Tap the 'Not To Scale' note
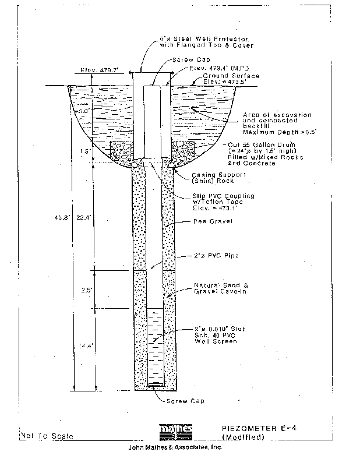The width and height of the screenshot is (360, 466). pos(47,436)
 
